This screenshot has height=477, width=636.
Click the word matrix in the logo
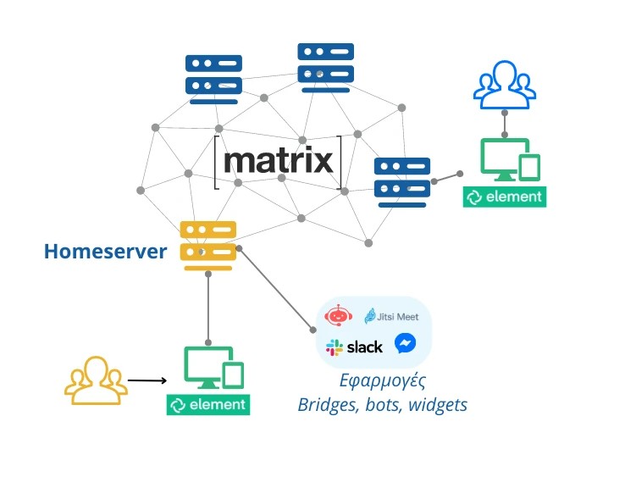point(279,160)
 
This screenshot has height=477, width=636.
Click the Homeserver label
point(105,251)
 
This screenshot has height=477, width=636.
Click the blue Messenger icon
point(405,344)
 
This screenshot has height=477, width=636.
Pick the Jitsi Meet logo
point(391,316)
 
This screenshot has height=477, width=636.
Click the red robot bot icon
point(339,317)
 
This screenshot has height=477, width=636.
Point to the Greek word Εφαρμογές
point(382,380)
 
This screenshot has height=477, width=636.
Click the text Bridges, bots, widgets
point(382,405)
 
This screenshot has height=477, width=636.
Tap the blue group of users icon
point(505,85)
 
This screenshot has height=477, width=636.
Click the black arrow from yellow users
point(148,380)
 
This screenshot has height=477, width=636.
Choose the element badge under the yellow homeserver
point(208,405)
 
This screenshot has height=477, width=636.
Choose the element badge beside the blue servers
point(505,197)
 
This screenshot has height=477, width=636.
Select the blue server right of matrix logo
point(402,179)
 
